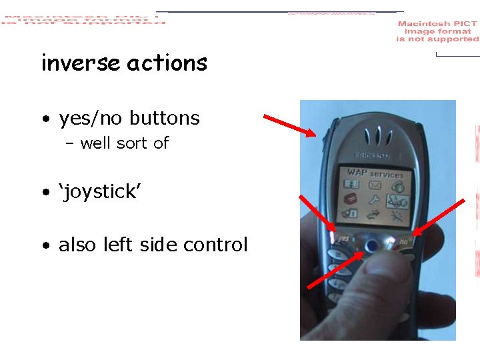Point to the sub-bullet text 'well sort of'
pyautogui.click(x=124, y=143)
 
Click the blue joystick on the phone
pyautogui.click(x=373, y=246)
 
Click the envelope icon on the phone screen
pyautogui.click(x=375, y=185)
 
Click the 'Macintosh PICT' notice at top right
pyautogui.click(x=438, y=31)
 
